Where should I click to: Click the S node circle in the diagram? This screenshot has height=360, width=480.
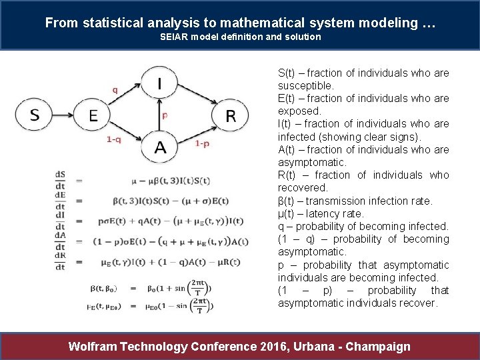click(x=35, y=115)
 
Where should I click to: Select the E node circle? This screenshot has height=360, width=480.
click(x=93, y=116)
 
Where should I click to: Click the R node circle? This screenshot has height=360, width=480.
click(x=230, y=116)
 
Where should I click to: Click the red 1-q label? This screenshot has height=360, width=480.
click(x=114, y=140)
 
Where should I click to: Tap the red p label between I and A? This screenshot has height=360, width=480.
click(x=165, y=115)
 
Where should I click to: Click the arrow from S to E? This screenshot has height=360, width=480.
click(x=64, y=116)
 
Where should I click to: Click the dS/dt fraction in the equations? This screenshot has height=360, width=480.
click(x=61, y=180)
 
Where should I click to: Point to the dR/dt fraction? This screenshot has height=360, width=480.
click(x=61, y=261)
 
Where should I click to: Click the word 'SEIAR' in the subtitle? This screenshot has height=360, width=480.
click(x=175, y=37)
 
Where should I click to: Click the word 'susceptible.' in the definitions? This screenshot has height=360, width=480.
click(x=306, y=86)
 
